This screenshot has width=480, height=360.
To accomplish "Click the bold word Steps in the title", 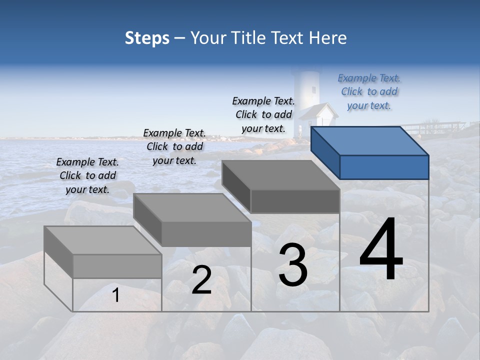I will click(147, 38).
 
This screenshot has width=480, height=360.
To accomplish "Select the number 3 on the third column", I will click(293, 265).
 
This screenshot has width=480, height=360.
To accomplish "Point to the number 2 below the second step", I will click(201, 280).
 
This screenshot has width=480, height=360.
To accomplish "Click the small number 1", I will click(116, 295).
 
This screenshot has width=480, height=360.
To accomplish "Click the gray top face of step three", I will click(280, 175).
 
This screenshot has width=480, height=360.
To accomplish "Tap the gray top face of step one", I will click(102, 240).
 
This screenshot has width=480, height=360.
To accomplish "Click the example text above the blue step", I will click(369, 91).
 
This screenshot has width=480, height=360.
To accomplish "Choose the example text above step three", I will click(263, 114).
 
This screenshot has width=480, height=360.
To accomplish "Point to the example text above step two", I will click(174, 146).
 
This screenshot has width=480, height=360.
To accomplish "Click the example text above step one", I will click(87, 175).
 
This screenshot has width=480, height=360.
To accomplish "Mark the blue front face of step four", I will click(384, 167).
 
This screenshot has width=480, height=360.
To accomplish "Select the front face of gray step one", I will click(117, 266).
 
